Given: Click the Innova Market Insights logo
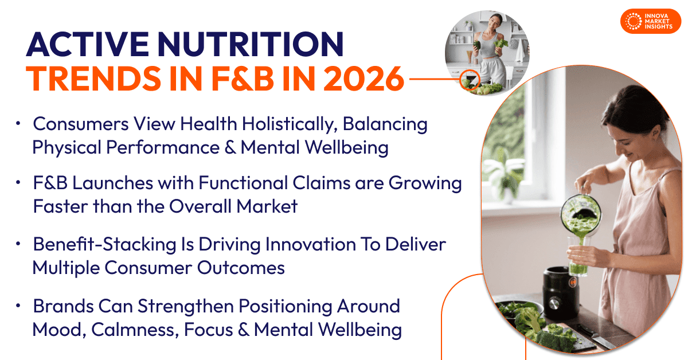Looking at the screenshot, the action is click(651, 21).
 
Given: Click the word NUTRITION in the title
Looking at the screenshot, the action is click(251, 44).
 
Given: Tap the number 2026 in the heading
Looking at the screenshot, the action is click(363, 79).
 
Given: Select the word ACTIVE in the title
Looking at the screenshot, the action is click(88, 44).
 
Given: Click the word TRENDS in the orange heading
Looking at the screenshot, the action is click(93, 79).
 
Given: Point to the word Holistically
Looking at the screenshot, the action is click(290, 124).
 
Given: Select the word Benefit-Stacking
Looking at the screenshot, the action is click(105, 245).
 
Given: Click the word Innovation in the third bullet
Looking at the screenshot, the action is click(311, 245).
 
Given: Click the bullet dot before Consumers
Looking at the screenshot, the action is click(18, 123).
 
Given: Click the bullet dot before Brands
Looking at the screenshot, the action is click(18, 306).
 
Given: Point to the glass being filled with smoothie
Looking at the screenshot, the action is click(578, 256).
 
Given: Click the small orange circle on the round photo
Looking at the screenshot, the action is click(470, 79).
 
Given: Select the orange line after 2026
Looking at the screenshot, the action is click(435, 79).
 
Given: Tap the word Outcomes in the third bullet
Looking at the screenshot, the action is click(241, 268).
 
